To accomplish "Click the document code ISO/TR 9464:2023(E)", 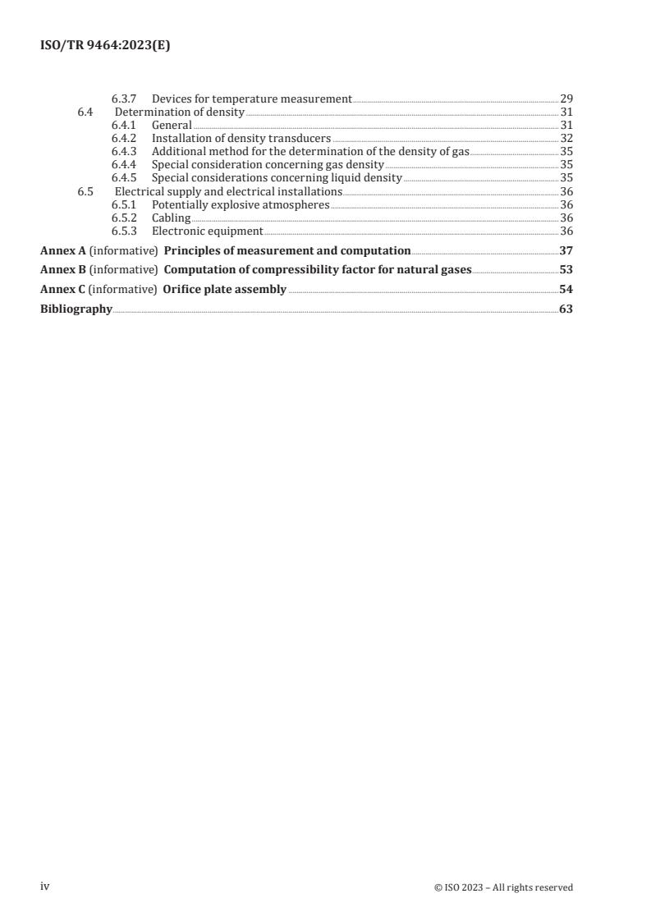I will pos(105,47).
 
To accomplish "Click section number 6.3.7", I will pos(125,99).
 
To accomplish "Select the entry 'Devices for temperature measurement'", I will pos(251,99).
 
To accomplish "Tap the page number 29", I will pos(566,99).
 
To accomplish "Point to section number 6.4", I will pos(85,112).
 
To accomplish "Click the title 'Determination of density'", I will pos(180,112).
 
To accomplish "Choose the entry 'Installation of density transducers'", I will pos(241,139).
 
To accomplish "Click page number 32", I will pos(566,139).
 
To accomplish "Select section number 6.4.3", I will pos(125,152).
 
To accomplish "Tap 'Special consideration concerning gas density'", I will pos(268,165).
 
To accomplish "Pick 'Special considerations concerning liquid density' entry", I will pos(277,178).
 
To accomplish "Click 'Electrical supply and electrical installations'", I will pos(228,191).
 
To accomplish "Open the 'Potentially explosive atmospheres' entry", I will pos(241,204).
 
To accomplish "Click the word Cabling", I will pos(171,218).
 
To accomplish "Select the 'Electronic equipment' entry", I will pos(207,231).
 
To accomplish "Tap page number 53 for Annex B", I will pos(566,270).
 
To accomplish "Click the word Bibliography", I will pos(76,309).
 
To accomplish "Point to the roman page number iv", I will pos(45,887).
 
